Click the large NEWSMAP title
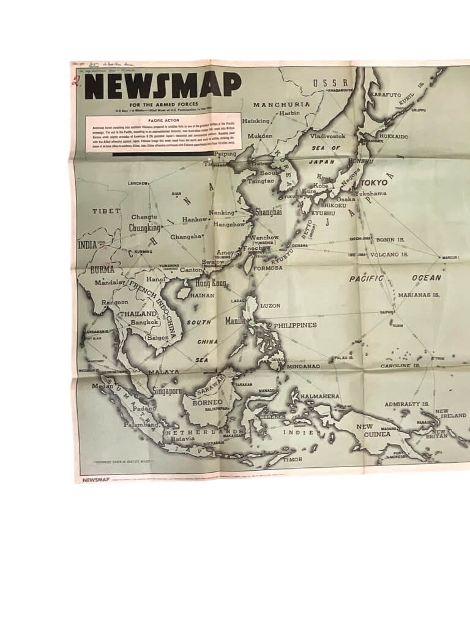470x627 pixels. [163, 85]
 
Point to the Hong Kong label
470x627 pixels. [210, 283]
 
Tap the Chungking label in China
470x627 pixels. [144, 228]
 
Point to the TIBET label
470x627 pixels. [106, 211]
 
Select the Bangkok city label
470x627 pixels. [144, 322]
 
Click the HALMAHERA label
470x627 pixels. [319, 396]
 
